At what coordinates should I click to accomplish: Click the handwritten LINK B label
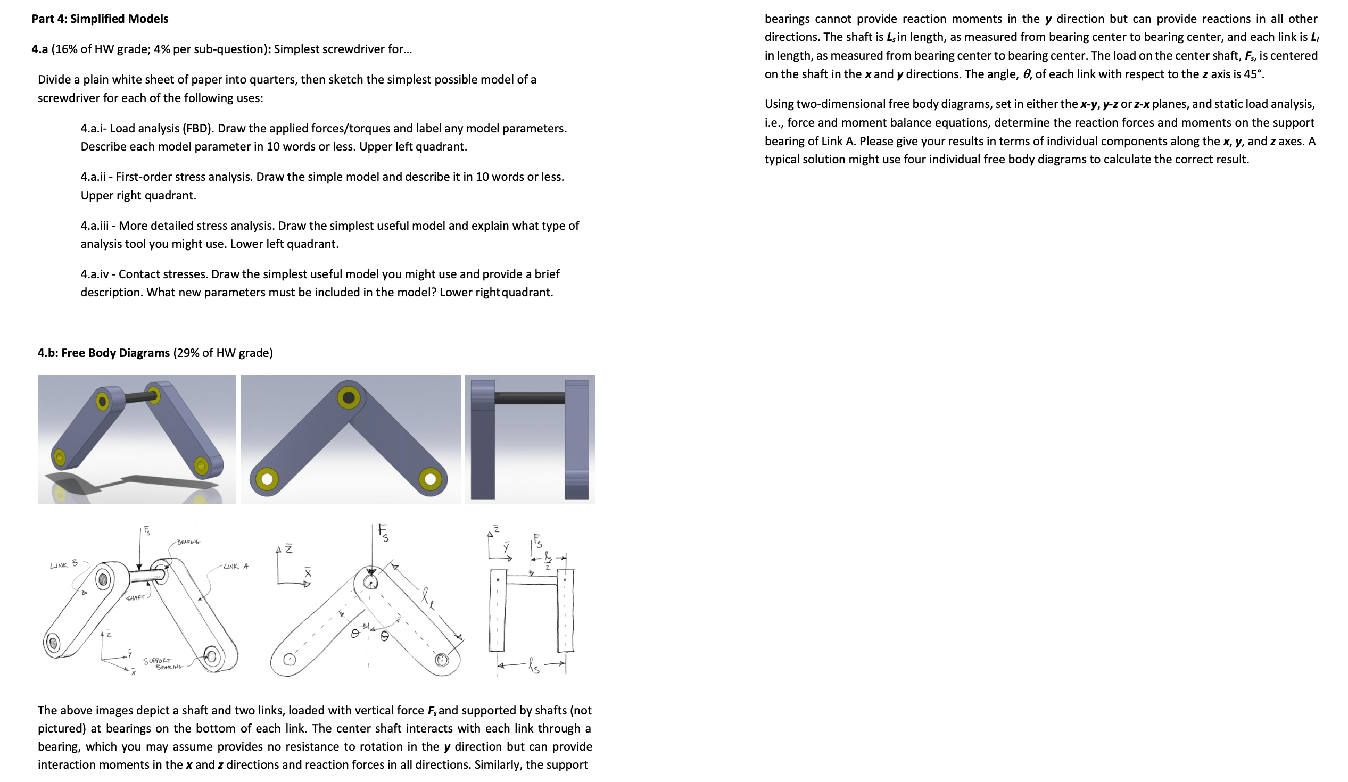(x=64, y=564)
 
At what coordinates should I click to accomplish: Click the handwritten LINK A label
(x=236, y=566)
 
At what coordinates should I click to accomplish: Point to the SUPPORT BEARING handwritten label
(x=163, y=664)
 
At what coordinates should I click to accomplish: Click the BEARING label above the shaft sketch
(x=188, y=542)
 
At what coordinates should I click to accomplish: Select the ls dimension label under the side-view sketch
(x=534, y=666)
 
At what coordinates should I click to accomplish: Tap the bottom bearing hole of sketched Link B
(x=53, y=643)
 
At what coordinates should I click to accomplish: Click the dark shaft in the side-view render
(x=529, y=397)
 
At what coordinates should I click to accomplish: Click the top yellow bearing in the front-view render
(x=349, y=397)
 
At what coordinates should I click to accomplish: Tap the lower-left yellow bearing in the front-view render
(x=267, y=479)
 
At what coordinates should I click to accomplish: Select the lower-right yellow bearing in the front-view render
(x=430, y=479)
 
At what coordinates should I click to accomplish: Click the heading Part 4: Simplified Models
(x=100, y=19)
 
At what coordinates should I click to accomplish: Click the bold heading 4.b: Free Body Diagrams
(x=103, y=353)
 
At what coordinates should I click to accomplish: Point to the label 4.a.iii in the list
(x=94, y=226)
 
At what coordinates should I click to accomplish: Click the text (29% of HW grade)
(x=223, y=353)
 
